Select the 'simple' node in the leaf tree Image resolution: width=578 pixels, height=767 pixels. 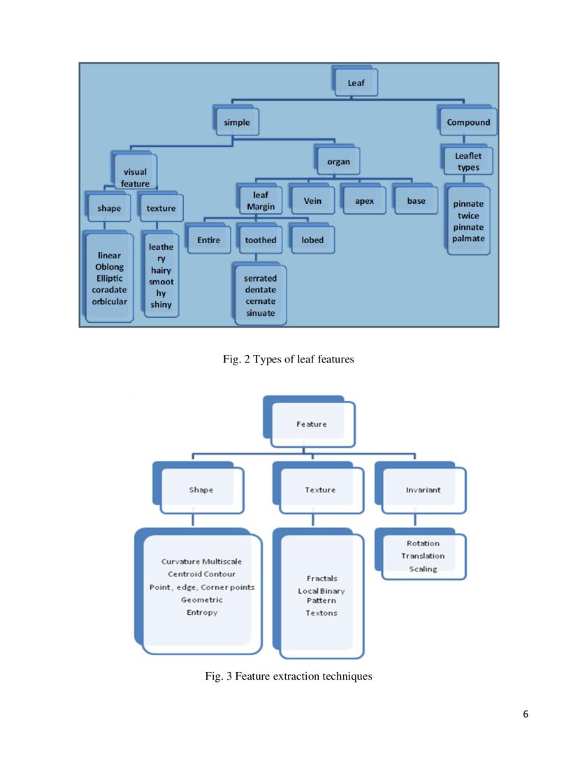pos(237,122)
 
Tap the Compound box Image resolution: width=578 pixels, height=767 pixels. pos(468,122)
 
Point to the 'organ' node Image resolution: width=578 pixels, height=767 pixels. pos(338,161)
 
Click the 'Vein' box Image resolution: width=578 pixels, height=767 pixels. pos(312,201)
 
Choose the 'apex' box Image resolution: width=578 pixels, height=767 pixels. pos(364,201)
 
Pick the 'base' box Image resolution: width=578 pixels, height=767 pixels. pos(416,201)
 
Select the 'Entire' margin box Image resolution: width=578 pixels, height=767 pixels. pos(208,240)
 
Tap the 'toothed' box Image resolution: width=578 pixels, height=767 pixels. pos(260,240)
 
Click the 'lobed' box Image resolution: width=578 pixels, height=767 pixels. pos(312,240)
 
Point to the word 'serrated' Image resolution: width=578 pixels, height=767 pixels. pos(260,278)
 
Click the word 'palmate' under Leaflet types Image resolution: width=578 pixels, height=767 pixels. pos(468,239)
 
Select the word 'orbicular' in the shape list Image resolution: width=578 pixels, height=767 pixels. pos(109,302)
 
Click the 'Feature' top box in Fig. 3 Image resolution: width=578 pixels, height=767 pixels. pos(311,424)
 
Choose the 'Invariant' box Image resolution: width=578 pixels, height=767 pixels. pos(423,490)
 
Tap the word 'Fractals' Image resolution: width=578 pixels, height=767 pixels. pos(321,578)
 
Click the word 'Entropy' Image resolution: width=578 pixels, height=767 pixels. pos(202,612)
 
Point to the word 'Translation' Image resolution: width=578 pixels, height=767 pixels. pos(423,556)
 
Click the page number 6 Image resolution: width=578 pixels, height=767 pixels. pos(526,714)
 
